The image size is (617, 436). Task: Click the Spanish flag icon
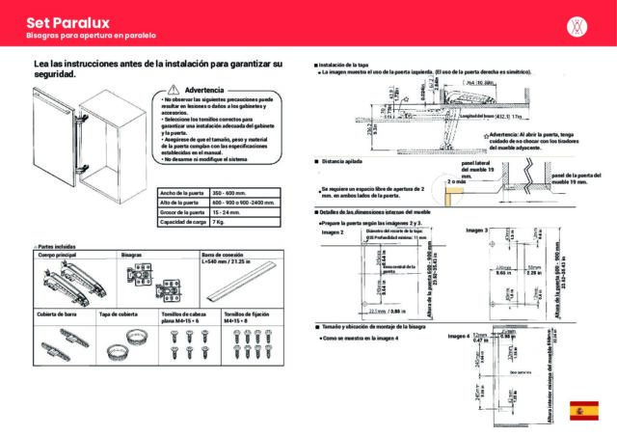(584, 409)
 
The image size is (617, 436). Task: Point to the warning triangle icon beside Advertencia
(161, 88)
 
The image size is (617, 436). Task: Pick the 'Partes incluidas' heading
(57, 248)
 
